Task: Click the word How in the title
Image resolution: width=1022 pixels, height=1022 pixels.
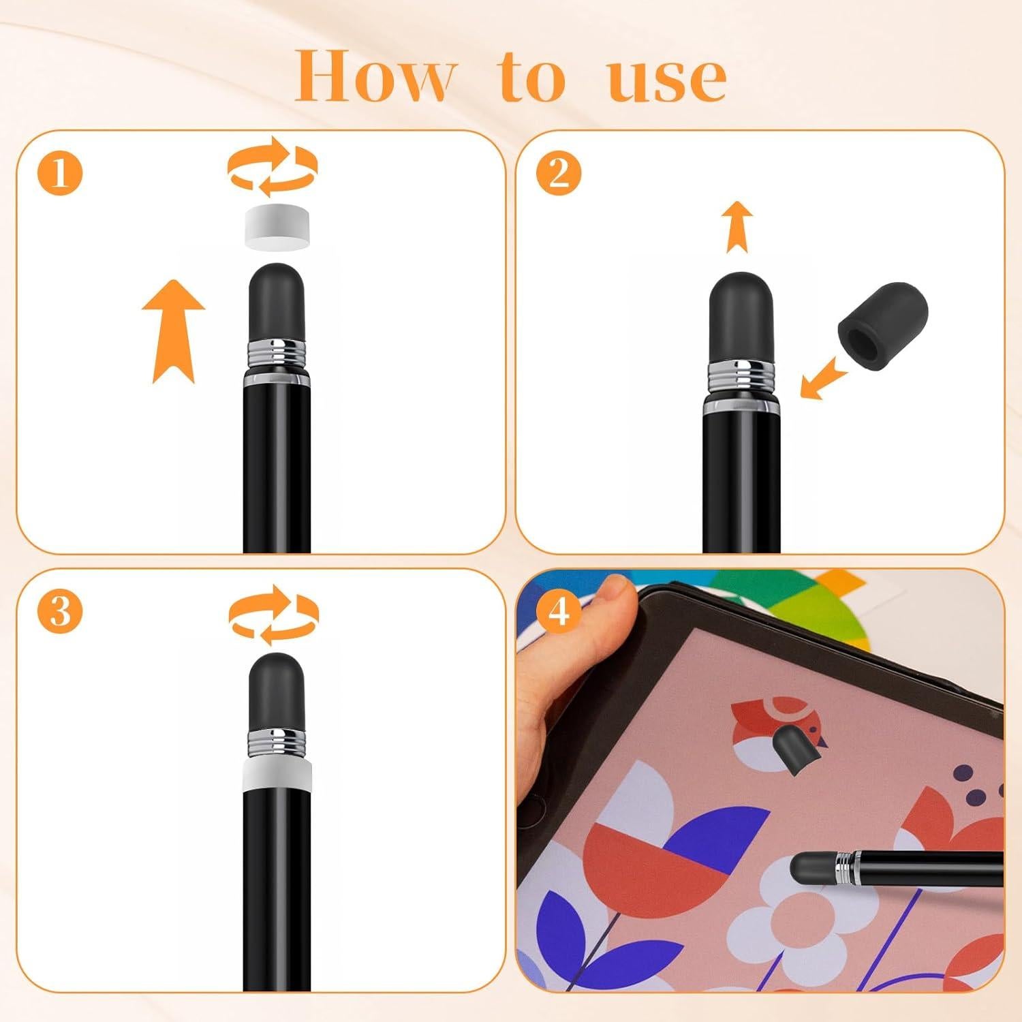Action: (374, 76)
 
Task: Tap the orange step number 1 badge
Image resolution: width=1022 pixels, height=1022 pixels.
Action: (60, 173)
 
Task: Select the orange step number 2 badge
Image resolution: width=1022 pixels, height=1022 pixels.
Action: (558, 173)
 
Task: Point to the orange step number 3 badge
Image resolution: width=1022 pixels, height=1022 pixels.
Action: (60, 610)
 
